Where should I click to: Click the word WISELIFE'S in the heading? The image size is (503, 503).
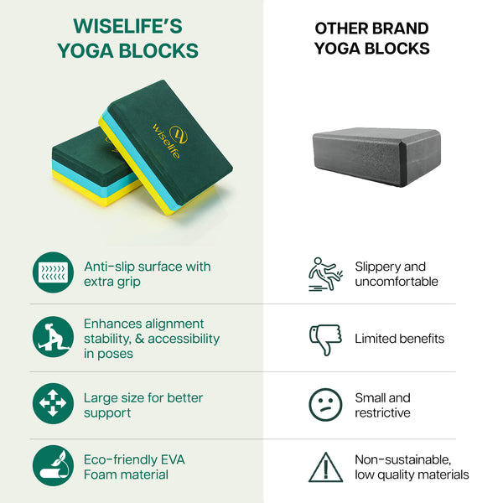tap(127, 26)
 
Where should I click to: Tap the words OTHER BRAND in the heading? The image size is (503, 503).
tap(371, 29)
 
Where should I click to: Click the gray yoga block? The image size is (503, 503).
tap(376, 158)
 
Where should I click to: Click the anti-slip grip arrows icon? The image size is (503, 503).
tap(53, 272)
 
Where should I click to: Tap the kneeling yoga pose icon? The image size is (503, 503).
tap(53, 337)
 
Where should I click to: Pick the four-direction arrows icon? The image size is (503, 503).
tap(53, 403)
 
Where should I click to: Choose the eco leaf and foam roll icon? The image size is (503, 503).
tap(53, 465)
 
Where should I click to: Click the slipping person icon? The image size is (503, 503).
tap(325, 274)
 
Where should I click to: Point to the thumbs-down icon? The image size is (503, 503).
tap(325, 340)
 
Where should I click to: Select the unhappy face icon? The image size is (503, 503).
tap(325, 405)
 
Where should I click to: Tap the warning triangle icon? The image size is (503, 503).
tap(325, 468)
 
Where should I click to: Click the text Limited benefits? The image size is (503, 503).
tap(399, 339)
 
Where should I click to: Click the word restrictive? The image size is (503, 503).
tap(382, 412)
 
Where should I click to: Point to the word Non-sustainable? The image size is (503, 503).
tap(403, 459)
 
